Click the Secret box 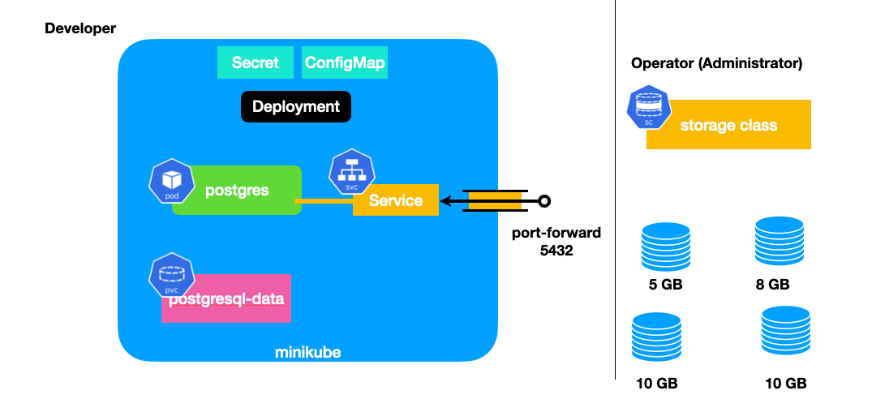click(256, 62)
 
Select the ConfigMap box click(345, 62)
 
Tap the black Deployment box click(296, 107)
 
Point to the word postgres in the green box click(237, 191)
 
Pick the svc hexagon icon click(352, 173)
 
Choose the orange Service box click(396, 200)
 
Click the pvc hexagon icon click(172, 275)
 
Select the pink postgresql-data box click(226, 298)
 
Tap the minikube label click(308, 353)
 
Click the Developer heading click(80, 28)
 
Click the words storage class click(728, 125)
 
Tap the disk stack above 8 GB click(780, 241)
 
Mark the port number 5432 click(556, 251)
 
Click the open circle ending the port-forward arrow click(545, 200)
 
